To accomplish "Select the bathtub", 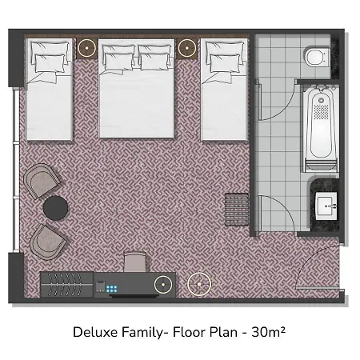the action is point(321,129).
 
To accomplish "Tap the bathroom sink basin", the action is point(326,206).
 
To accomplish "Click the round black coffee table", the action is point(55,208).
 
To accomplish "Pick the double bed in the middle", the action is point(137,89).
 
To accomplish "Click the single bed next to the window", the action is point(50,90).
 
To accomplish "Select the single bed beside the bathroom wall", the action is point(224,90).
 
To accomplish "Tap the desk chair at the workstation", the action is point(135,262).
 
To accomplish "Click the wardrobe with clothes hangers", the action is point(67,285).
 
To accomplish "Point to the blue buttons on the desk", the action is point(112,289).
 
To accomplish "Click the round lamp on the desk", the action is point(163,285).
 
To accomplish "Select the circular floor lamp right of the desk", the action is point(199,284).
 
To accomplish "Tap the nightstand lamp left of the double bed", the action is point(87,48).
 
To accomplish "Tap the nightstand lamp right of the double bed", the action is point(187,48).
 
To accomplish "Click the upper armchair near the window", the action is point(42,181).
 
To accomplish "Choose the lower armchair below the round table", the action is point(47,242).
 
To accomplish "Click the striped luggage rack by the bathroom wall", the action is point(237,210).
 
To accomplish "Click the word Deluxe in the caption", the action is point(95,332).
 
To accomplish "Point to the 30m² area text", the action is point(269,332).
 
